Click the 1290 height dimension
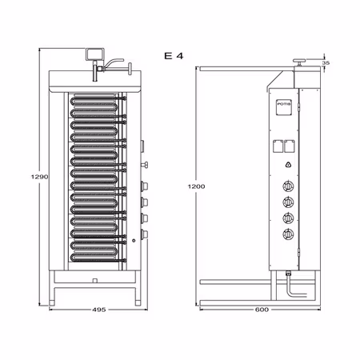pos(30,178)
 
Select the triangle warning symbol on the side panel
pos(287,165)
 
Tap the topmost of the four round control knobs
pos(287,186)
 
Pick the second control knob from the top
pos(287,202)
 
